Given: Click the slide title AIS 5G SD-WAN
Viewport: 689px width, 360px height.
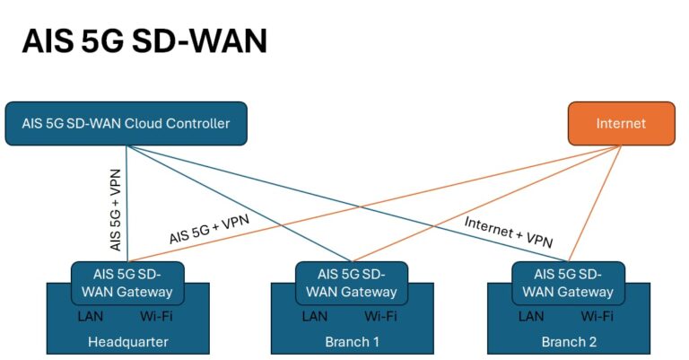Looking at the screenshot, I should coord(144,40).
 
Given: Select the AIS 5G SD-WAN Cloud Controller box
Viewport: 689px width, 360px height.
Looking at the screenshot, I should coord(126,123).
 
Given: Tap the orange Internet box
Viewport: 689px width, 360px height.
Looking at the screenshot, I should coord(621,123).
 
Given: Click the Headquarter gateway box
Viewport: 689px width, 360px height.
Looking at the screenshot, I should coord(127,282).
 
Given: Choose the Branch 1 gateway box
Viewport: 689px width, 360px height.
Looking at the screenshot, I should coord(352,282).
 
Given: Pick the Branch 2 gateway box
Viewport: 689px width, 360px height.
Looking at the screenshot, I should coord(568,282).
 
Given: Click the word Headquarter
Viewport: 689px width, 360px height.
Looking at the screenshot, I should coord(127,342).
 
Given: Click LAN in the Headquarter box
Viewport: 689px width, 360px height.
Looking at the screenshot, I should coord(91,316).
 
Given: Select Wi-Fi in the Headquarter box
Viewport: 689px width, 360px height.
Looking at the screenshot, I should coord(156,316).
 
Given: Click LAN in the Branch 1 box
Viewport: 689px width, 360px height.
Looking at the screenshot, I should coord(315,316).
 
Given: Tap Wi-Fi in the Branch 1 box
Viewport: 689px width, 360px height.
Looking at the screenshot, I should coord(380,316).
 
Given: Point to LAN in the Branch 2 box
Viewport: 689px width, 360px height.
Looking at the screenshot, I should coord(531,316).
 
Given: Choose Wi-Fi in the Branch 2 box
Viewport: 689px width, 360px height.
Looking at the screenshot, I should coord(597,316).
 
